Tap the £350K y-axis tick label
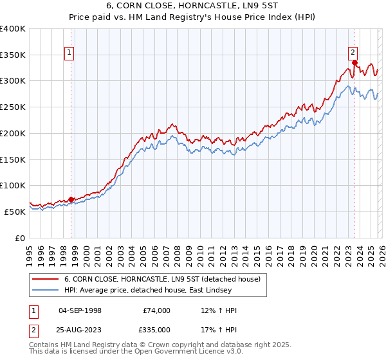(13, 55)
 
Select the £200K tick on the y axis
(13, 134)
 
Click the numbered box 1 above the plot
(69, 53)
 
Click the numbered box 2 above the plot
(353, 53)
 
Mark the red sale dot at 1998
(71, 199)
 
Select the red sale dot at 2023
(354, 63)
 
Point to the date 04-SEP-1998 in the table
(80, 310)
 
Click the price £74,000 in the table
(157, 310)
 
